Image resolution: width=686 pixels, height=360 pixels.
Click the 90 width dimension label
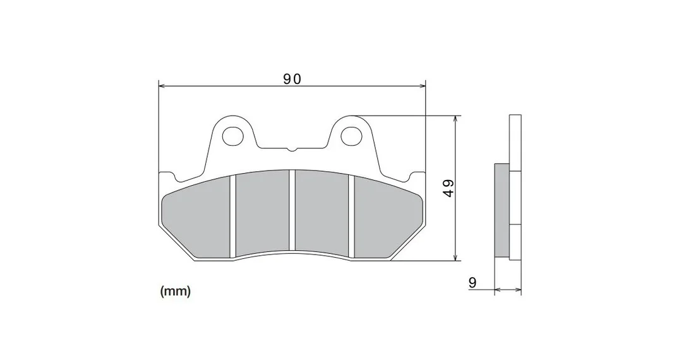(x=292, y=79)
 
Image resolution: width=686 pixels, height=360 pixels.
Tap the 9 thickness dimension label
(x=472, y=282)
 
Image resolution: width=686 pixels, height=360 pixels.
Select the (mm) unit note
(x=176, y=291)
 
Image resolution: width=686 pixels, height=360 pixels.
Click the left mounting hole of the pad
(x=232, y=136)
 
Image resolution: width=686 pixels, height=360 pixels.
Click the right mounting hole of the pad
(x=351, y=136)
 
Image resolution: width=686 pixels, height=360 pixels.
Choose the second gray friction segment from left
(x=263, y=212)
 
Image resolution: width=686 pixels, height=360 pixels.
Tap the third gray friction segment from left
(x=322, y=212)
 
